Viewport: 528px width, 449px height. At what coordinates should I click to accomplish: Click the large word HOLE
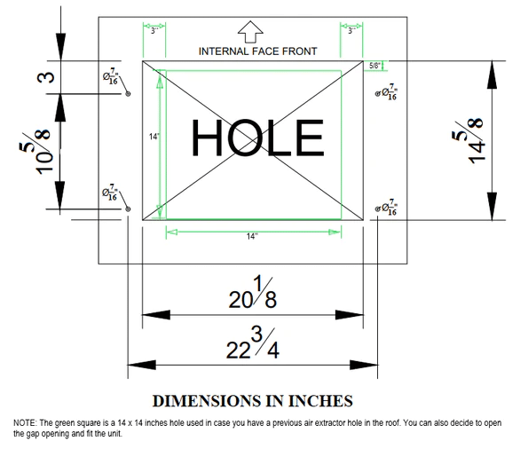click(257, 138)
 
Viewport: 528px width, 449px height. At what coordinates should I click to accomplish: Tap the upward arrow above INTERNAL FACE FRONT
click(250, 32)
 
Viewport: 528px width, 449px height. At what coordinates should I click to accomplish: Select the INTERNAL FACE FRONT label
click(257, 51)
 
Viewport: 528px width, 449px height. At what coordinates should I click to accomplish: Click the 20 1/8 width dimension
click(253, 293)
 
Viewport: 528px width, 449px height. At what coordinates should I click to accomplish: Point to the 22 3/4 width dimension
click(253, 343)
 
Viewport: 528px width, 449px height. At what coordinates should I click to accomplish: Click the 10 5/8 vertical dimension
click(35, 152)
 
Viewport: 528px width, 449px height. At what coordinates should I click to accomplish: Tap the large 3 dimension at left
click(45, 77)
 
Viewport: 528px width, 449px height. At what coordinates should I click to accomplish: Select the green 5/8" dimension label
click(374, 66)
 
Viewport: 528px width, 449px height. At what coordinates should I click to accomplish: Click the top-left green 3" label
click(154, 31)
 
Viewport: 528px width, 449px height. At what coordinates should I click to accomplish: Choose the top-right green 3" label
click(351, 31)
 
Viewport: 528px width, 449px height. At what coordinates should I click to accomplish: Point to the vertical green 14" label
click(154, 137)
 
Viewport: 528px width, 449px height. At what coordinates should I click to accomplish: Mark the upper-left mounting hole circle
click(128, 94)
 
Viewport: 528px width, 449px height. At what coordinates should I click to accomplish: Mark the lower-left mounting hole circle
click(128, 209)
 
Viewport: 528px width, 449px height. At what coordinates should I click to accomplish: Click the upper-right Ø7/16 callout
click(387, 92)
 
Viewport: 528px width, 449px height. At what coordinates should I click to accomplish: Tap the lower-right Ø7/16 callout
click(387, 208)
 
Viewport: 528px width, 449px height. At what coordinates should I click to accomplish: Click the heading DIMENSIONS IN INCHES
click(253, 401)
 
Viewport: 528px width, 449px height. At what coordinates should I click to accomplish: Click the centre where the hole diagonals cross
click(253, 140)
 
